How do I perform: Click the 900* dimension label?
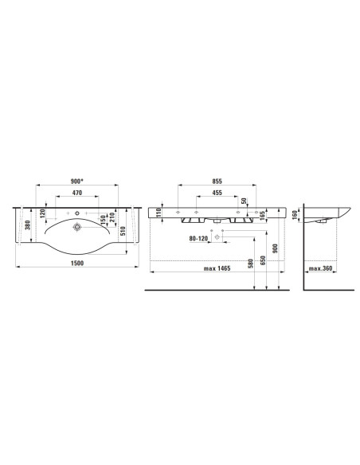pos(77,181)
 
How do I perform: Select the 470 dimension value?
pos(77,193)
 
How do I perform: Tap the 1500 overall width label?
pos(77,263)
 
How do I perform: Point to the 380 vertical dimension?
pos(28,225)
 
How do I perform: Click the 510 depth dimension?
pos(123,231)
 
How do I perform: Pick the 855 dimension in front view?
pos(217,182)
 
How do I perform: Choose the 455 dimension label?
pos(217,193)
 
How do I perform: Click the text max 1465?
pos(217,268)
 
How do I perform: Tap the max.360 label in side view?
pos(320,268)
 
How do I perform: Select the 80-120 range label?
pos(198,238)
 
